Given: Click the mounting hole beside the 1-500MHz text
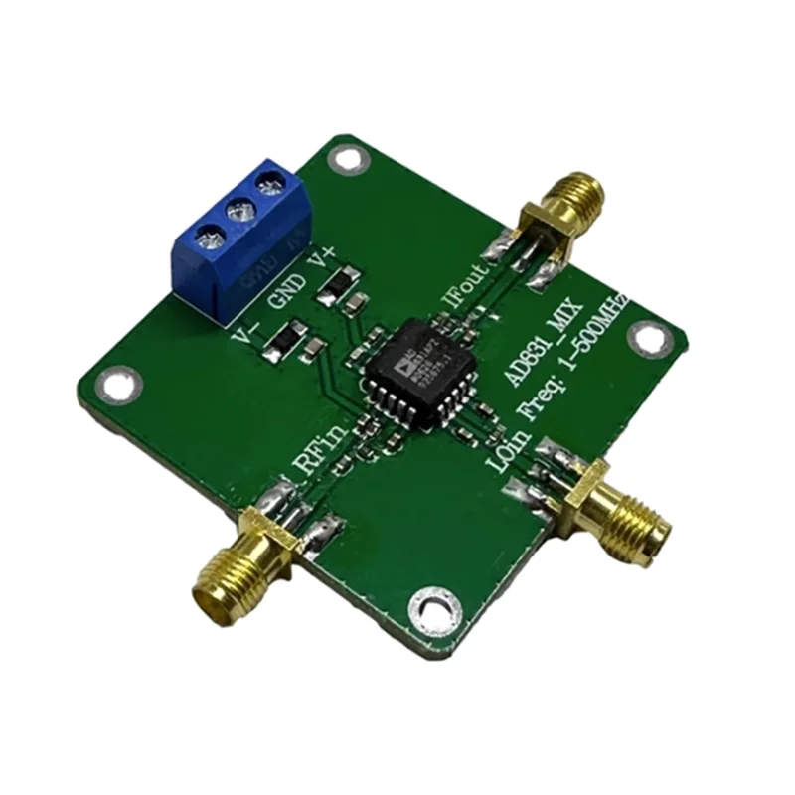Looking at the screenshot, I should pos(648,339).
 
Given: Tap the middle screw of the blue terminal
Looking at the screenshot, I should pos(238,211).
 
